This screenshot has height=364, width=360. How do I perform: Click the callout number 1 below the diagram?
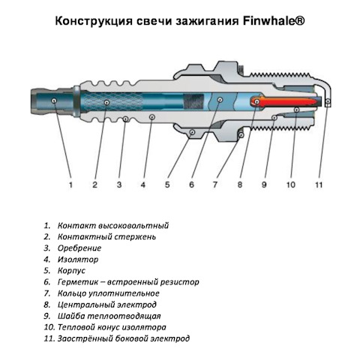(x=70, y=185)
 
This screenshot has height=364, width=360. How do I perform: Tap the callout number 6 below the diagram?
(x=191, y=185)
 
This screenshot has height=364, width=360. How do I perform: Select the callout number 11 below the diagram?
(x=319, y=185)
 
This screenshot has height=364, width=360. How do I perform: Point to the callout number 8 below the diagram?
(x=240, y=185)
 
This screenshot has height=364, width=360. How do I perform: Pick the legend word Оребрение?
(x=79, y=248)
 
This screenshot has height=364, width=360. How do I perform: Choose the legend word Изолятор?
(x=78, y=260)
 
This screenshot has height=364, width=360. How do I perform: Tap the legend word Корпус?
(x=71, y=271)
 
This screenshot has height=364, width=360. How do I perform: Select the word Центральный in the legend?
(x=86, y=305)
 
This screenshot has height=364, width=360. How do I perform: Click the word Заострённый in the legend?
(x=85, y=339)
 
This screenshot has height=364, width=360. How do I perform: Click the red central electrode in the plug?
(x=285, y=101)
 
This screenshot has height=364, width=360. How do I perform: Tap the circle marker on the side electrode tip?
(x=328, y=101)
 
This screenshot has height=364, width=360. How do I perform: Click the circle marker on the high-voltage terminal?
(x=54, y=101)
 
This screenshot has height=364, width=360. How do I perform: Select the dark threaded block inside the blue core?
(x=193, y=101)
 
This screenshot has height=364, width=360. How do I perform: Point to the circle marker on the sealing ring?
(x=241, y=135)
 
